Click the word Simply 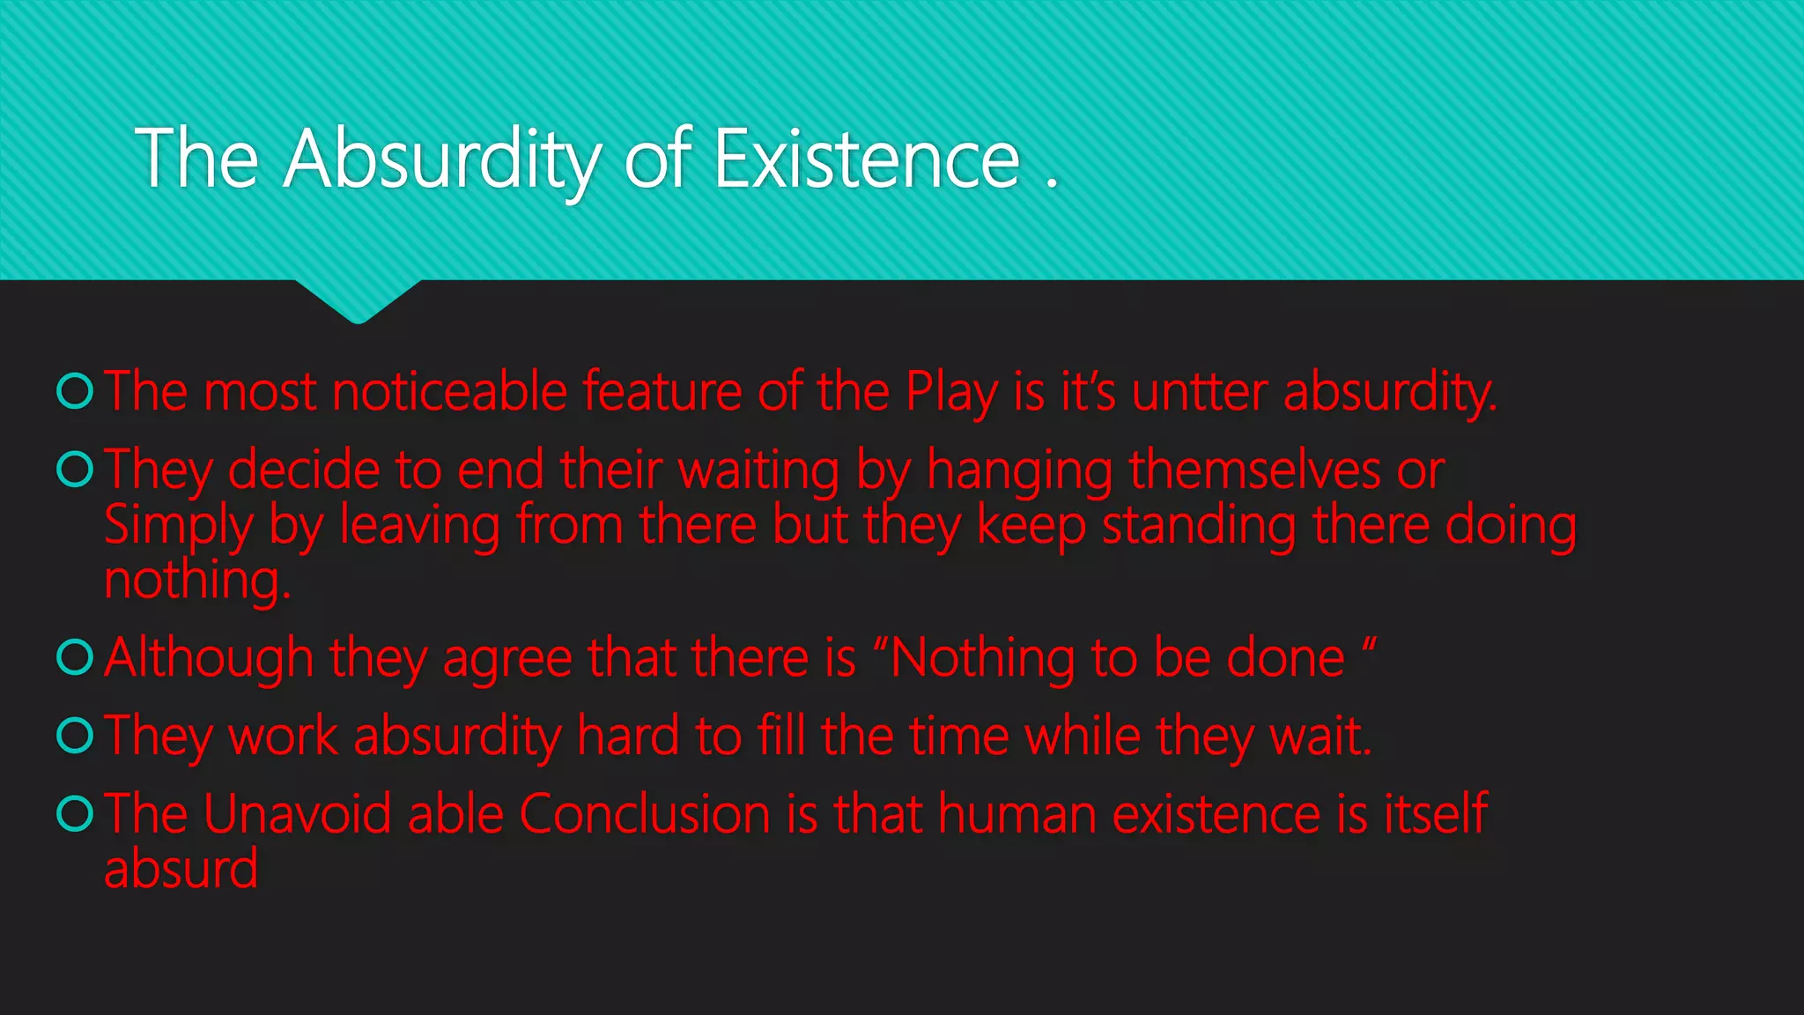(178, 526)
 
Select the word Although (209, 658)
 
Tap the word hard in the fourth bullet (627, 736)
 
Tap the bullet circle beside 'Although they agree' (75, 656)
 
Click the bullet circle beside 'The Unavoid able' (75, 813)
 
